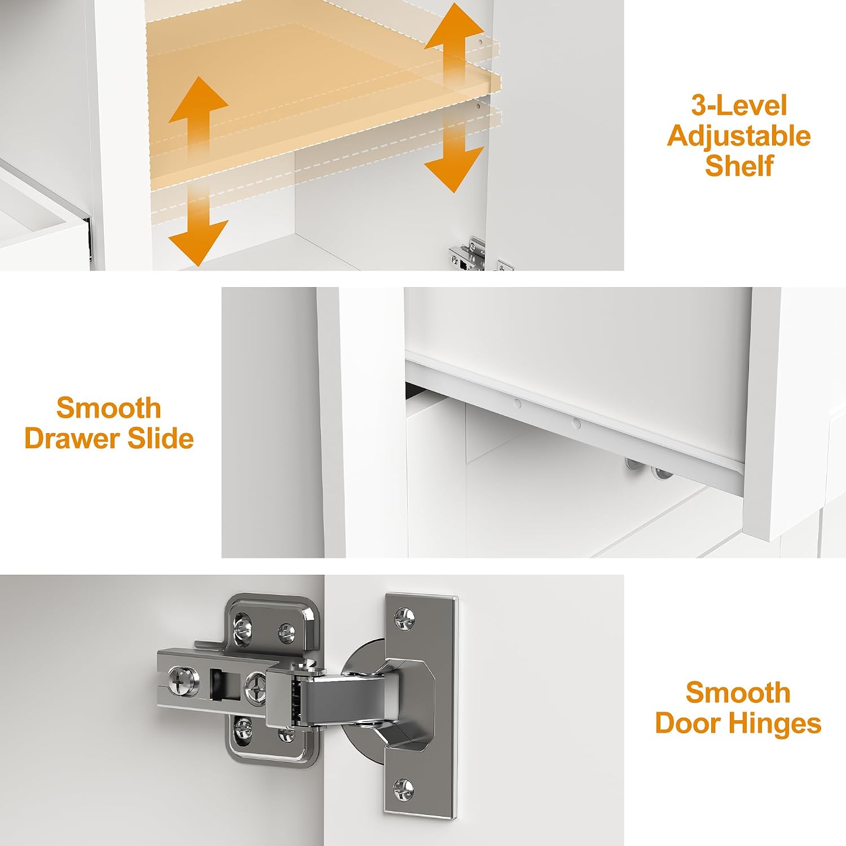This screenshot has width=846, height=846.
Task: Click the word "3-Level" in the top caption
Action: [739, 105]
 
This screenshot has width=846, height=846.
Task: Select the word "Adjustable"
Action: [739, 136]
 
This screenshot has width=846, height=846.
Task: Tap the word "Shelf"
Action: [739, 166]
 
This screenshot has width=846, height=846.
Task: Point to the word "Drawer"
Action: [72, 438]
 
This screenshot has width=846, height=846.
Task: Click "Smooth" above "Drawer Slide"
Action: [109, 408]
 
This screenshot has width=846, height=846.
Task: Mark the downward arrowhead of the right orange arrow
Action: [454, 170]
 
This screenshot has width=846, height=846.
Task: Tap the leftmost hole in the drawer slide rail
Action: [516, 403]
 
